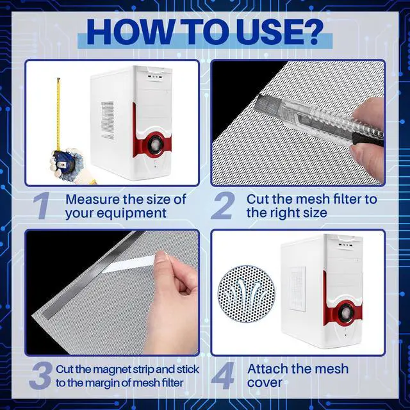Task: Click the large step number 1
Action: pyautogui.click(x=42, y=206)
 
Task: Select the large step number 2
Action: pyautogui.click(x=223, y=206)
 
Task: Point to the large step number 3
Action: pyautogui.click(x=40, y=375)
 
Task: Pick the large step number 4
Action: pyautogui.click(x=223, y=375)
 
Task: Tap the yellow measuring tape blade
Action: pyautogui.click(x=58, y=115)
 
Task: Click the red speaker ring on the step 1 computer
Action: pyautogui.click(x=154, y=144)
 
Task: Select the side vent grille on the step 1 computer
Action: pyautogui.click(x=108, y=120)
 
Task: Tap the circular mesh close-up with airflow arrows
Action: pyautogui.click(x=246, y=293)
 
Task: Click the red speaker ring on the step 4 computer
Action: pyautogui.click(x=345, y=313)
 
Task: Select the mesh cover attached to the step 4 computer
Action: pyautogui.click(x=297, y=289)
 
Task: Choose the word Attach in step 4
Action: pyautogui.click(x=268, y=369)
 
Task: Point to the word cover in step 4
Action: pyautogui.click(x=265, y=383)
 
